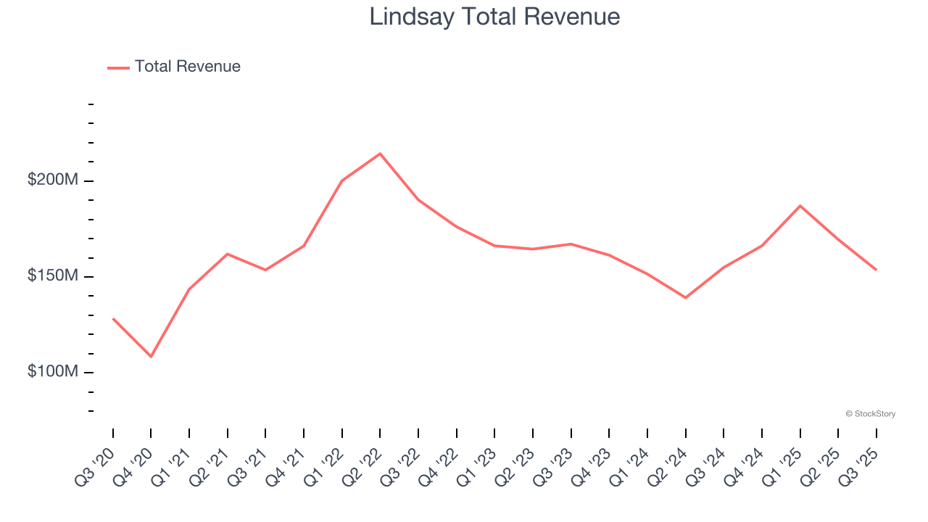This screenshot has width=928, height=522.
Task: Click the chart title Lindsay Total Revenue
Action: click(x=494, y=17)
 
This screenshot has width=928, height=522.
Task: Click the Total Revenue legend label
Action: click(x=187, y=67)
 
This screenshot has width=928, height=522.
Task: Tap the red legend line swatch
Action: click(x=118, y=67)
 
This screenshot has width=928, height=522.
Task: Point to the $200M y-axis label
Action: click(x=52, y=180)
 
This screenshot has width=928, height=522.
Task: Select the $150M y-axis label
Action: click(x=52, y=276)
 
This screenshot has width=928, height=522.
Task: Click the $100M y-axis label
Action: click(x=52, y=372)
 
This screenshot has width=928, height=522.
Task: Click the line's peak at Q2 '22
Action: click(x=380, y=154)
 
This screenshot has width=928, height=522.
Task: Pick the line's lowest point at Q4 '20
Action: click(x=151, y=357)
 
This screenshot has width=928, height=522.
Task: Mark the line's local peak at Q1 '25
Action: click(x=800, y=206)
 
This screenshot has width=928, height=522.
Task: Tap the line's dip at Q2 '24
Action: click(x=685, y=298)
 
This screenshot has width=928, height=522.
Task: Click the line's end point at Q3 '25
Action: click(x=876, y=270)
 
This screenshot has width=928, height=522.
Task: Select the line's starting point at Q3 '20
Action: click(x=113, y=318)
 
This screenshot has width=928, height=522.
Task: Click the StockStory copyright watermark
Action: click(x=870, y=414)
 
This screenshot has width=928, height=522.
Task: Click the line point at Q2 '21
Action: click(x=228, y=254)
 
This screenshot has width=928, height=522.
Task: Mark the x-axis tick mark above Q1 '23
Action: click(x=494, y=433)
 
